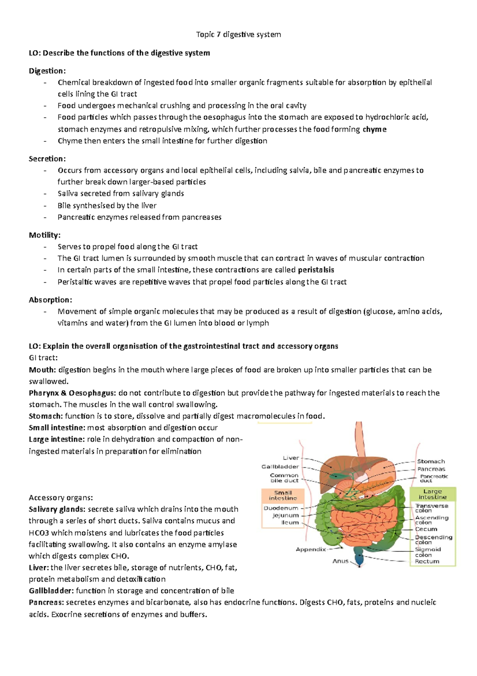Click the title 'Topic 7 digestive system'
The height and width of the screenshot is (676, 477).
click(238, 35)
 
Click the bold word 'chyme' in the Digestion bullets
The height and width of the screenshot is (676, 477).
click(374, 129)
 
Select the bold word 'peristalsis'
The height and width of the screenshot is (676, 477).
click(316, 270)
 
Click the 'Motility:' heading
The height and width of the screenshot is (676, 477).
click(45, 235)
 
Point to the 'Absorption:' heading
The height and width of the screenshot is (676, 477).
click(50, 300)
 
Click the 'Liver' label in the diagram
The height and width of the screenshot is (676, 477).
click(291, 458)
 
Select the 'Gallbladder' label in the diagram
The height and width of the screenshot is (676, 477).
click(280, 467)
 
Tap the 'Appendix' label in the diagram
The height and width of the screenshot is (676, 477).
click(310, 549)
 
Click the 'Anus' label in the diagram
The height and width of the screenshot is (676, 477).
click(340, 561)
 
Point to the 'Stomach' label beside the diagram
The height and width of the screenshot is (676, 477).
click(431, 461)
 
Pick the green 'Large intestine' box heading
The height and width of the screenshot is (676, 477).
click(432, 494)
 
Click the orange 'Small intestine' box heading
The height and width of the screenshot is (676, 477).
click(283, 495)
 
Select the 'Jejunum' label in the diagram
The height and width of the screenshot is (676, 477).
click(285, 515)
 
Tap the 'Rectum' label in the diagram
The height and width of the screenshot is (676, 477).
click(427, 561)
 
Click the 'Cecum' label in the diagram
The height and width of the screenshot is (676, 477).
click(426, 529)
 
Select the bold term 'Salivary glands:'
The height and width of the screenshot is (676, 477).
click(57, 509)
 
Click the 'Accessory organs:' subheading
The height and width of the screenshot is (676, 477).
click(61, 498)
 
